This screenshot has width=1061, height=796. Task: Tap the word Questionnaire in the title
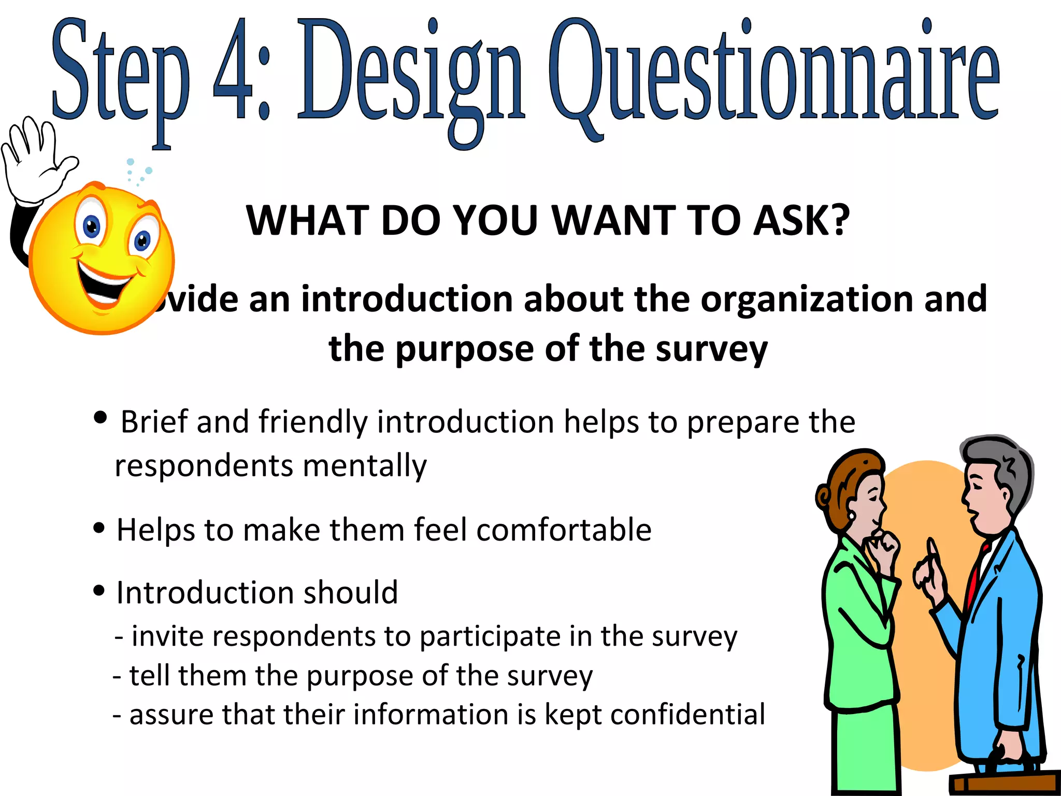tap(774, 73)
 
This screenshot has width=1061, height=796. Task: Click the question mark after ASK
tap(838, 220)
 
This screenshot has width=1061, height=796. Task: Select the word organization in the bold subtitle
tap(808, 300)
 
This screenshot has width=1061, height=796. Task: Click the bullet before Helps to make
tap(99, 528)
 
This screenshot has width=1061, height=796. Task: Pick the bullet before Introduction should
tap(99, 590)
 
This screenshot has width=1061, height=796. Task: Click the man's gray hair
tap(1010, 466)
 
